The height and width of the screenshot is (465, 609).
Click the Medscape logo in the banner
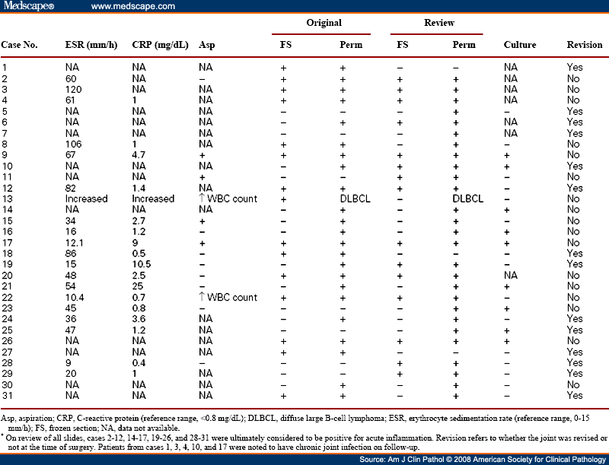pos(29,6)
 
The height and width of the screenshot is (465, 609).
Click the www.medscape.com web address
pos(132,6)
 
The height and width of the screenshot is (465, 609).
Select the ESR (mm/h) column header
pos(91,45)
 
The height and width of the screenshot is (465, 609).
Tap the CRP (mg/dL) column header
pos(160,45)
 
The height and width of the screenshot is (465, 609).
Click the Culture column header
pos(520,45)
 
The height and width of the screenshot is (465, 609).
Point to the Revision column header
pos(585,45)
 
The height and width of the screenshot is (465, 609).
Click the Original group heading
pos(324,23)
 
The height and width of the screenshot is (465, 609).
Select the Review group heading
pos(439,23)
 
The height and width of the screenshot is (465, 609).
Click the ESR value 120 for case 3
pos(73,89)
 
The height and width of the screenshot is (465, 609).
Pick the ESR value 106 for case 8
pos(73,144)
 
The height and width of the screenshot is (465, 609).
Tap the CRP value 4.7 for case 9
pos(139,154)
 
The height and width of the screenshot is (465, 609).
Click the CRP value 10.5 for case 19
pos(142,264)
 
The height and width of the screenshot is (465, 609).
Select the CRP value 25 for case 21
pos(138,286)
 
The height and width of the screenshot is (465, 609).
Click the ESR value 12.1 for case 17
pos(74,243)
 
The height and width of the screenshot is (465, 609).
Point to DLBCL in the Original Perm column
pos(355,199)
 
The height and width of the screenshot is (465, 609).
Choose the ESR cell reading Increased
pos(86,199)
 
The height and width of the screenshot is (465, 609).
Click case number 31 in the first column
pos(7,396)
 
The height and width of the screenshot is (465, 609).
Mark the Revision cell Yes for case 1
pos(575,67)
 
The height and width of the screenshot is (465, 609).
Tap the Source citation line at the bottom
pos(483,460)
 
